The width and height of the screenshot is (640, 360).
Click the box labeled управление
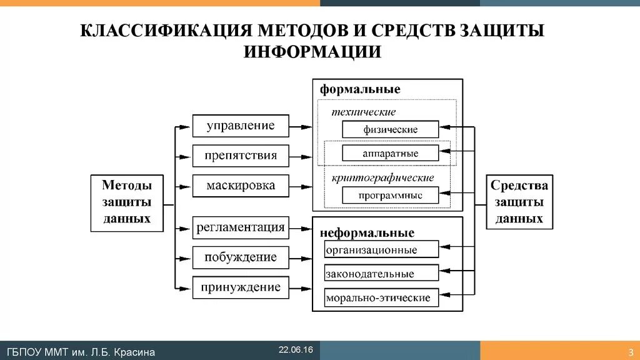(x=241, y=126)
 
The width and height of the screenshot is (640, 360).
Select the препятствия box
(x=241, y=156)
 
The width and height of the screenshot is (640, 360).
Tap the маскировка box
(x=241, y=186)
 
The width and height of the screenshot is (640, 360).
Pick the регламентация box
(x=241, y=227)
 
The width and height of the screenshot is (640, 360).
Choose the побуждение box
(x=241, y=257)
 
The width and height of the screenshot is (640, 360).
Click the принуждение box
(x=241, y=287)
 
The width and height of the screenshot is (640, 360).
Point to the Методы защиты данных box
(x=127, y=202)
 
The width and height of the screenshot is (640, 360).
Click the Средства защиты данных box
(x=519, y=202)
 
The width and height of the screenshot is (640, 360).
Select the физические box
(x=390, y=130)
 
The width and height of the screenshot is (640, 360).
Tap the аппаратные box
(x=390, y=153)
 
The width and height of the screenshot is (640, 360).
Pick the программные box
(x=390, y=196)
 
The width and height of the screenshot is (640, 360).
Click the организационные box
(x=381, y=250)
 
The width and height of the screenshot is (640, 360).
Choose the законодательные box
(x=381, y=274)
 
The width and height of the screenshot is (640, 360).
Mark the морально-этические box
(x=381, y=297)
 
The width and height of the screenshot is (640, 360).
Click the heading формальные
(x=360, y=89)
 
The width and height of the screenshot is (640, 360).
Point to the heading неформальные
(x=367, y=233)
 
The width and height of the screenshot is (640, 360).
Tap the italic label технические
(x=364, y=112)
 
